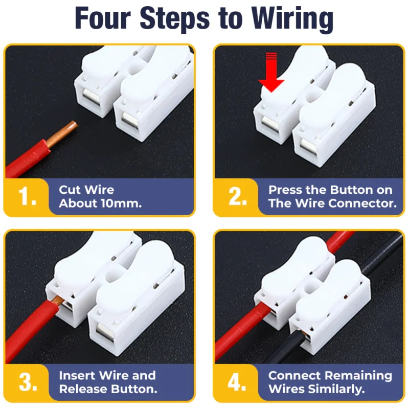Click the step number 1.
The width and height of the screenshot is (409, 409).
(27, 196)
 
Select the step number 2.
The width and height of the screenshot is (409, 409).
(237, 196)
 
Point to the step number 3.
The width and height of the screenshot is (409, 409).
(28, 382)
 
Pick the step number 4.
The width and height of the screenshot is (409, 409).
(237, 382)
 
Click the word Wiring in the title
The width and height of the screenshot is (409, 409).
(292, 19)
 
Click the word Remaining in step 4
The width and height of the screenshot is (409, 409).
(359, 376)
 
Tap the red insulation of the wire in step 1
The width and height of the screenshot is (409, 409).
(26, 159)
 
